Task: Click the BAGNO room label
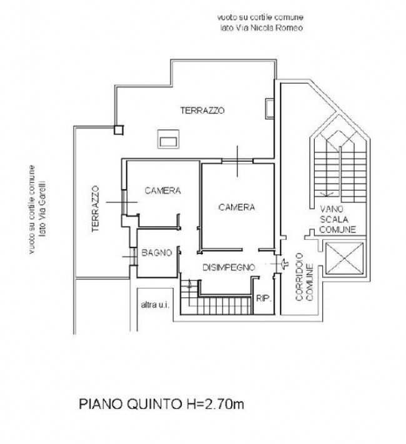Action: (x=156, y=252)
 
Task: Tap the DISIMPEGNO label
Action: (x=229, y=267)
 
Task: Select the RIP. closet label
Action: (x=264, y=298)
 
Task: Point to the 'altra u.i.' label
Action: (x=155, y=305)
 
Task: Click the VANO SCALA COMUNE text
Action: (x=337, y=219)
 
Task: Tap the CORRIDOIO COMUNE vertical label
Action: (x=304, y=277)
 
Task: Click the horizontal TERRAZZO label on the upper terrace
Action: (x=202, y=110)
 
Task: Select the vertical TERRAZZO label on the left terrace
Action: (x=95, y=209)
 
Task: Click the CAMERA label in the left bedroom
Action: (x=162, y=190)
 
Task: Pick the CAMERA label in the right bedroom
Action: (x=237, y=207)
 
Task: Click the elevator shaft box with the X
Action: (x=344, y=259)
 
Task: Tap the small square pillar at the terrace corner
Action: (x=119, y=130)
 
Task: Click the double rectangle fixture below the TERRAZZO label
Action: (x=168, y=139)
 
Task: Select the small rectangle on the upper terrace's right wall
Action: (x=269, y=108)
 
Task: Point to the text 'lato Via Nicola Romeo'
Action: (x=262, y=27)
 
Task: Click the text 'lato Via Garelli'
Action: (x=42, y=209)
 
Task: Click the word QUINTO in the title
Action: (x=154, y=404)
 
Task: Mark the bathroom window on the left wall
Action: (x=133, y=257)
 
